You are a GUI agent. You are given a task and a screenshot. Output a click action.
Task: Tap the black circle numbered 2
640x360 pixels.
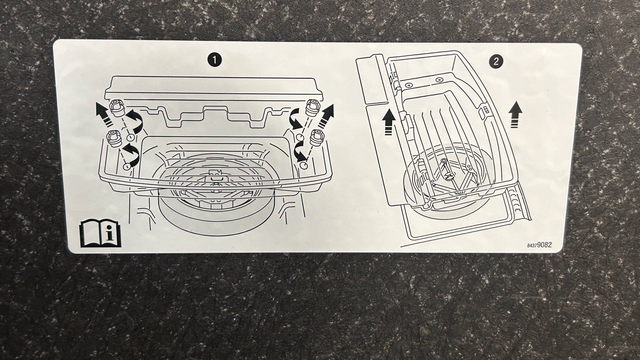pyautogui.click(x=496, y=61)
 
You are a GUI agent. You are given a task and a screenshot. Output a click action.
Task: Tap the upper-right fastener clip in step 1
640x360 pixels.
pyautogui.click(x=313, y=107)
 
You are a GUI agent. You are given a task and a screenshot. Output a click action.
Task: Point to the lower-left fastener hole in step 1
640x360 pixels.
pyautogui.click(x=127, y=166)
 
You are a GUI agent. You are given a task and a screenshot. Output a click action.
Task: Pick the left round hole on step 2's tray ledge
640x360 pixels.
pyautogui.click(x=407, y=85)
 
